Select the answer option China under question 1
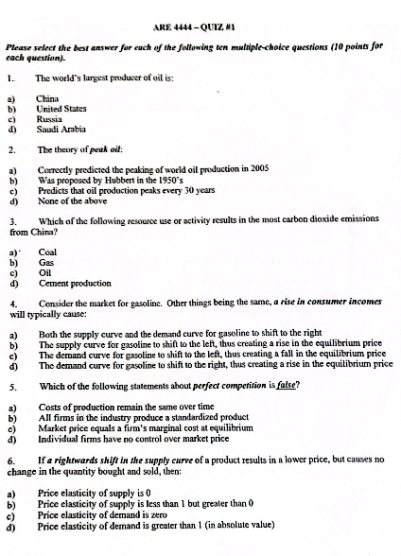(47, 97)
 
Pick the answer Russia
(49, 118)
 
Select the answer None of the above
(74, 200)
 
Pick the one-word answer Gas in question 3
(46, 263)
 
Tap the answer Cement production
(77, 283)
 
